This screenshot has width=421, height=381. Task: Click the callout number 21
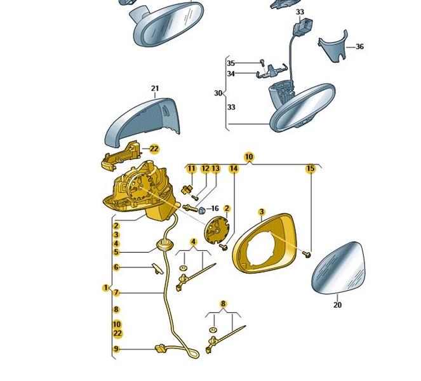click(154, 89)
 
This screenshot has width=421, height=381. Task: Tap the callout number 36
click(359, 46)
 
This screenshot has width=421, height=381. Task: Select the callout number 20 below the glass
click(337, 305)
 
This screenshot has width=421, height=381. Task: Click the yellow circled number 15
click(311, 169)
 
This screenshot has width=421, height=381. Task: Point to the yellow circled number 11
click(191, 169)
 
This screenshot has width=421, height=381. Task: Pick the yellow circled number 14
click(234, 169)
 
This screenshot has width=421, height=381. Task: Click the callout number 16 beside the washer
click(214, 208)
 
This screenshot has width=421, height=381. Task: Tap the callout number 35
click(231, 63)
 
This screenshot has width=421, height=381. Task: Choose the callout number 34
click(231, 74)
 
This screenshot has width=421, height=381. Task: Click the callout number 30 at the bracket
click(218, 93)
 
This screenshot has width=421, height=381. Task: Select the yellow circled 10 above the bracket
click(248, 156)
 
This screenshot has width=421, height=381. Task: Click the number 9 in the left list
click(116, 349)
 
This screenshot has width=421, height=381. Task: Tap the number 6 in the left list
click(116, 267)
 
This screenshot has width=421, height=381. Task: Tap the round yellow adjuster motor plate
click(218, 230)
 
